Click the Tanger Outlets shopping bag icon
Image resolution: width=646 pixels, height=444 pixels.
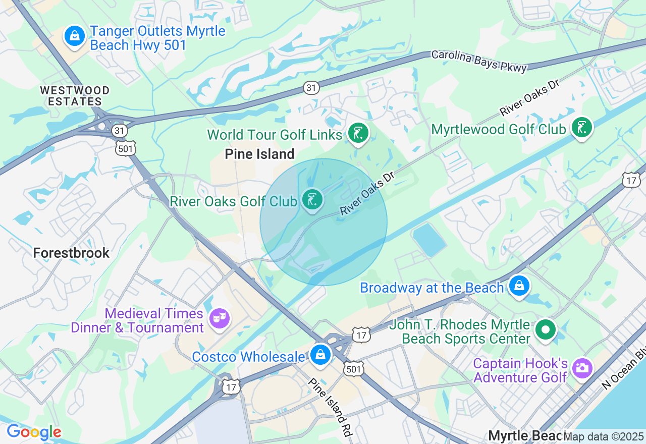75,36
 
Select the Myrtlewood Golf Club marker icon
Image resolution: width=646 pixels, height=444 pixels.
582,127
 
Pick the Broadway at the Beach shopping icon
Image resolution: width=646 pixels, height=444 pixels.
519,286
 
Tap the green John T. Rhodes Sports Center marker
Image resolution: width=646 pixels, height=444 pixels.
546,330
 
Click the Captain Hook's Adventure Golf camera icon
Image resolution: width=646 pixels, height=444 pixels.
582,368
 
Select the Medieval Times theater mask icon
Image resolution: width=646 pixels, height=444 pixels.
220,318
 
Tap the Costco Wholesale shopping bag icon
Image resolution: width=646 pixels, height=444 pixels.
320,355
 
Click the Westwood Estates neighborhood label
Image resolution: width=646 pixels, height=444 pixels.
75,96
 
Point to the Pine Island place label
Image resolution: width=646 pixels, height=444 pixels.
259,154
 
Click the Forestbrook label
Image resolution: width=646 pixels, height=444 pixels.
71,253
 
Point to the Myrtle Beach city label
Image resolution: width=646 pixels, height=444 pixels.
525,435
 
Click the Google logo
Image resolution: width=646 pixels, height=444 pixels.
34,432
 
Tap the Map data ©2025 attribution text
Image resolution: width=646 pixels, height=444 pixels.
604,436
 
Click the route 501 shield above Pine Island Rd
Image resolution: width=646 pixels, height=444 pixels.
353,368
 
